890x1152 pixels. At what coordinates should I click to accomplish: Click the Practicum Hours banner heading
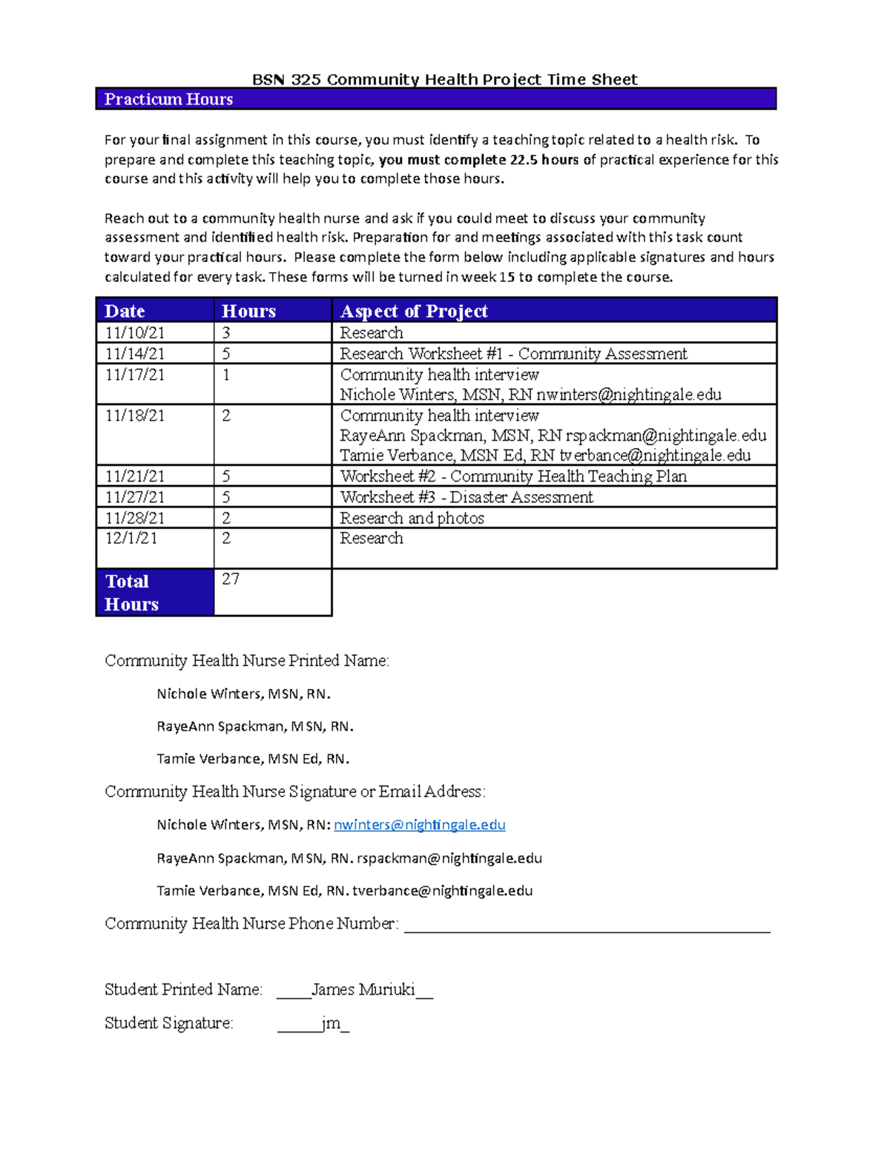pyautogui.click(x=168, y=99)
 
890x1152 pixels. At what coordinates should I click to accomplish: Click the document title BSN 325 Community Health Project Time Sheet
pyautogui.click(x=444, y=79)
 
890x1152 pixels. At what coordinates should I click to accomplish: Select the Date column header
pyautogui.click(x=125, y=311)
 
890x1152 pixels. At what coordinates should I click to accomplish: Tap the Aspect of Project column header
pyautogui.click(x=414, y=311)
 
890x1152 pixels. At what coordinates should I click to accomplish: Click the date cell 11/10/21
pyautogui.click(x=134, y=332)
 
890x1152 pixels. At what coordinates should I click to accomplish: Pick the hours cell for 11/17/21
pyautogui.click(x=226, y=375)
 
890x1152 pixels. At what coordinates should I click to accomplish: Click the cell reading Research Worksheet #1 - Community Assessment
pyautogui.click(x=513, y=354)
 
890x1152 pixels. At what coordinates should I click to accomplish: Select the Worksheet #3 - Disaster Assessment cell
pyautogui.click(x=466, y=497)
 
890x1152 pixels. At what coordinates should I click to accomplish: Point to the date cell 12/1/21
pyautogui.click(x=131, y=539)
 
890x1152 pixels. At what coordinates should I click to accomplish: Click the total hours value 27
pyautogui.click(x=231, y=579)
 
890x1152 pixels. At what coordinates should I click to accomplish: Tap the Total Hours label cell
pyautogui.click(x=131, y=593)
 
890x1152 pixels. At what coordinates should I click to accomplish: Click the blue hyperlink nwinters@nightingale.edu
pyautogui.click(x=420, y=825)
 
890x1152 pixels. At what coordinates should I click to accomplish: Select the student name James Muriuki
pyautogui.click(x=363, y=990)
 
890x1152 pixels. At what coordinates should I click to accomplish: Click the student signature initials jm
pyautogui.click(x=331, y=1023)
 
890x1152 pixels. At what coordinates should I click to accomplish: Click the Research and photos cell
pyautogui.click(x=412, y=518)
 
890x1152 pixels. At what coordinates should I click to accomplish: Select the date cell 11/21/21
pyautogui.click(x=134, y=476)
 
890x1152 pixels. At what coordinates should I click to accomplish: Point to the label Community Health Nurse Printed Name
pyautogui.click(x=246, y=661)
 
